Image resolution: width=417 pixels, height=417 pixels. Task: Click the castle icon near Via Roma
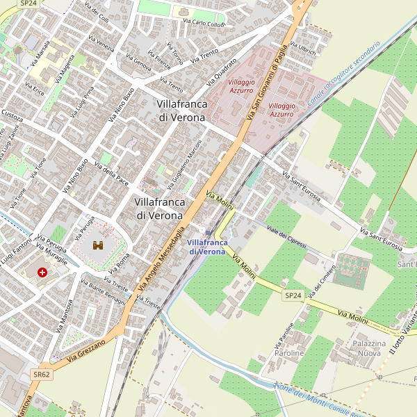click(x=97, y=245)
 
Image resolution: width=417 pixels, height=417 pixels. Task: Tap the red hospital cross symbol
click(x=43, y=272)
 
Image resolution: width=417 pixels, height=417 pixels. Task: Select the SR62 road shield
click(x=42, y=374)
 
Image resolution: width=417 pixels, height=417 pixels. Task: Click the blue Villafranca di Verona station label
click(x=206, y=247)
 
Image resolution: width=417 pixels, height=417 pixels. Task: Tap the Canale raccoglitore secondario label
click(x=344, y=72)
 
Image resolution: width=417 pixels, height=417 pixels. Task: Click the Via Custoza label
click(x=12, y=115)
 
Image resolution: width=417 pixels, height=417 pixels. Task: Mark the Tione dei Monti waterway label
click(x=300, y=393)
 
